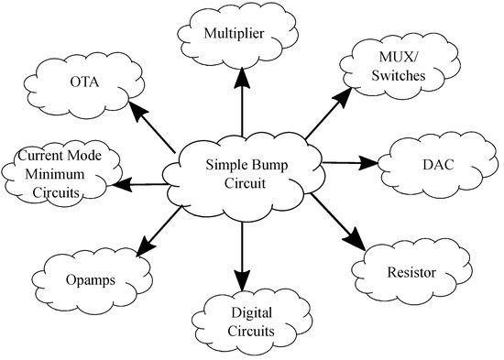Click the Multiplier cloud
(x=241, y=35)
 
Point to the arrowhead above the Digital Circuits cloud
(x=242, y=278)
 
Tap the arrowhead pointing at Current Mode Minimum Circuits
(x=114, y=186)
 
